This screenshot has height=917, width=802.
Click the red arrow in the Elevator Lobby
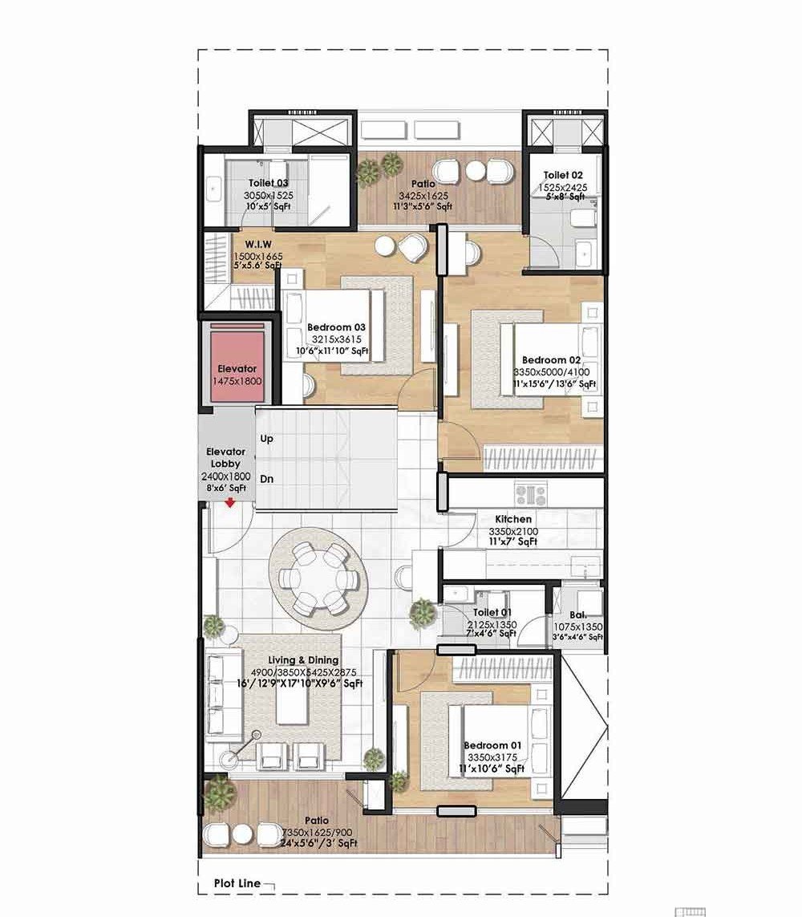[230, 503]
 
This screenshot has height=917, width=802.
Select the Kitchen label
[513, 519]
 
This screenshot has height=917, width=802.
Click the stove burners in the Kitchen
[530, 493]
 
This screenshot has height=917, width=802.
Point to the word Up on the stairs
[267, 439]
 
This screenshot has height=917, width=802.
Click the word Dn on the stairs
[267, 479]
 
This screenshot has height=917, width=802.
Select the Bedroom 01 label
[492, 745]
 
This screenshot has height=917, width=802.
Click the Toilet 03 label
[268, 183]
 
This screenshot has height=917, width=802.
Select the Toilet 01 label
[492, 613]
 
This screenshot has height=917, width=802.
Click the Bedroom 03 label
[337, 327]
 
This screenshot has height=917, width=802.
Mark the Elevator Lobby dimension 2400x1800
[226, 476]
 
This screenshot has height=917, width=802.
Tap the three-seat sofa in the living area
[223, 696]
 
